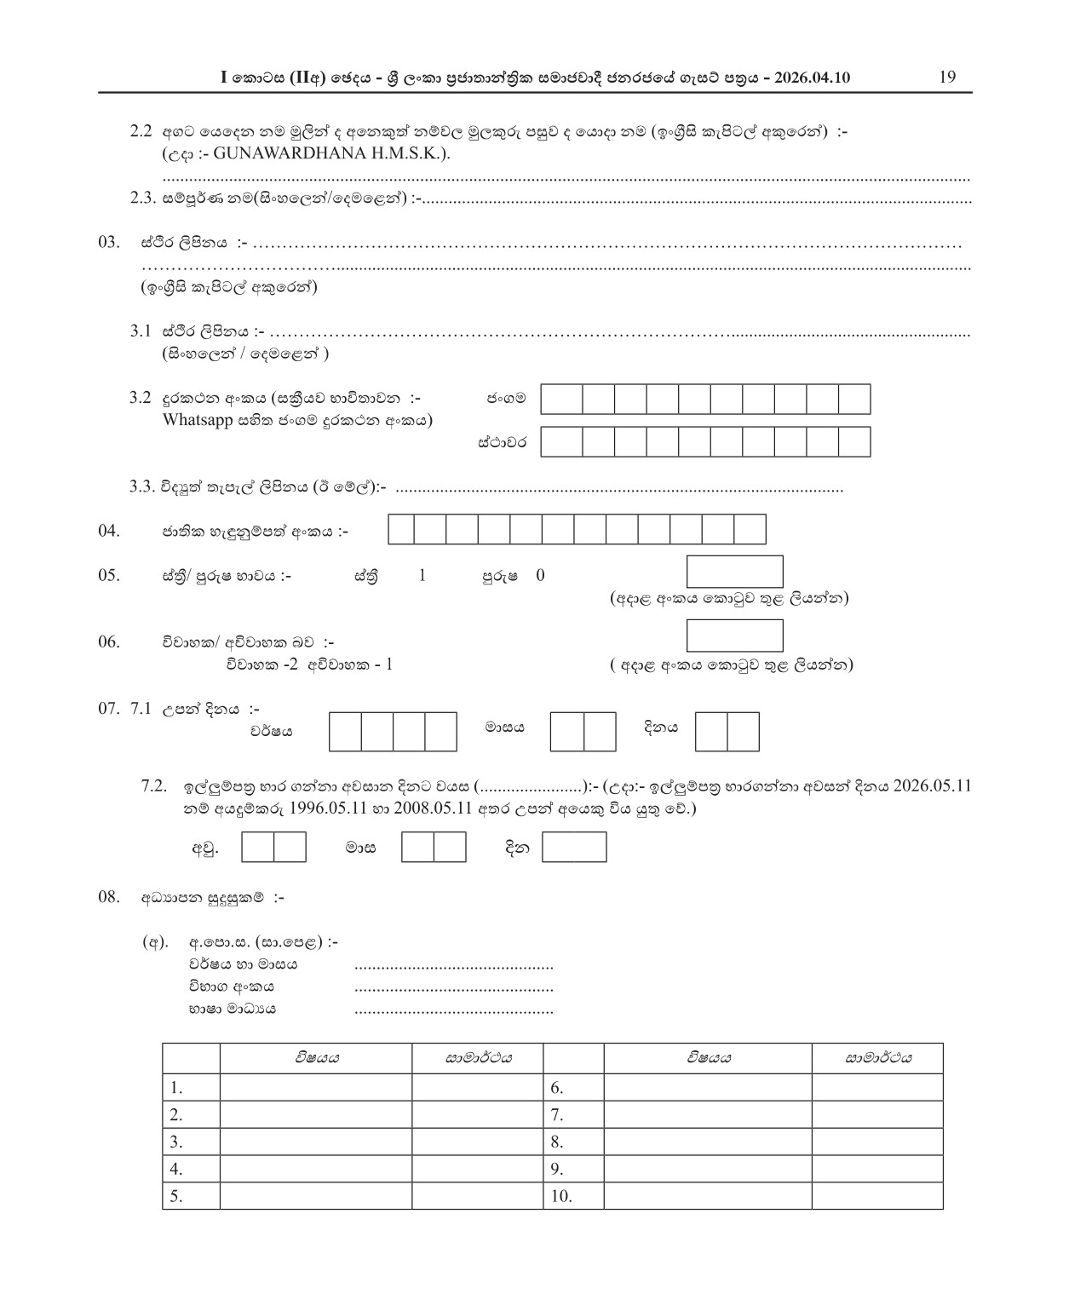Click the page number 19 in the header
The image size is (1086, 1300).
coord(947,78)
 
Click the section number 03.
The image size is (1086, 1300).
coord(108,242)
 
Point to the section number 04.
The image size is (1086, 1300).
coord(108,531)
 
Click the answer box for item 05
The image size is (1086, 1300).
coord(734,571)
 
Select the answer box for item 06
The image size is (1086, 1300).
coord(734,636)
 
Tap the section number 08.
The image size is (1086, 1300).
coord(108,896)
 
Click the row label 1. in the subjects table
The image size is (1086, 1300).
coord(176,1088)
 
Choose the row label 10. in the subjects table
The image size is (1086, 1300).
coord(561,1196)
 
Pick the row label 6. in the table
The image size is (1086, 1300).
coord(557,1088)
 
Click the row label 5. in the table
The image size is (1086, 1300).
coord(176,1196)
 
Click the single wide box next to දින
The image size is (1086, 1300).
coord(574,848)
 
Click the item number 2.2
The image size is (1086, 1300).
coord(141,131)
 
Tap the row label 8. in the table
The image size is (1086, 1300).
coord(557,1142)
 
